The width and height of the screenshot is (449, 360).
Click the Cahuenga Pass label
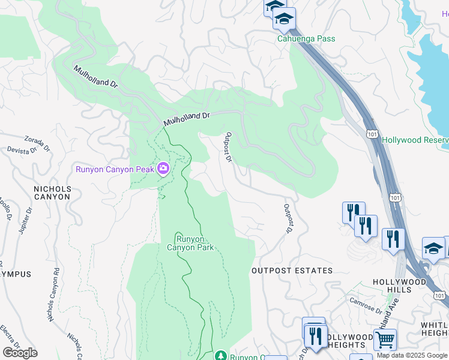306,39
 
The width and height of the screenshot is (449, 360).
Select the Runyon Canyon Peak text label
115,169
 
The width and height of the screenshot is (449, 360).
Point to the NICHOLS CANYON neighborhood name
52,193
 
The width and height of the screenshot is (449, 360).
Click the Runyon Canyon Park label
190,242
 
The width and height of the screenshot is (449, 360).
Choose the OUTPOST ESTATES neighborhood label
292,271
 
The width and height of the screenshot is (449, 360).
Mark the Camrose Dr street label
366,306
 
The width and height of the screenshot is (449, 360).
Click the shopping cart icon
385,340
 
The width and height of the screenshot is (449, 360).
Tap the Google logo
20,353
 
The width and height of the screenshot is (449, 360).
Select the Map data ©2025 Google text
412,356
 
